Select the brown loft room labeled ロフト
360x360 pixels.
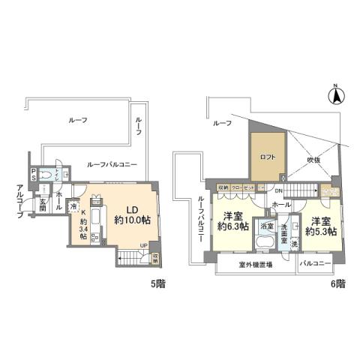tap(267, 157)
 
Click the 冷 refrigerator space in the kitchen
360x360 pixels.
tap(73, 206)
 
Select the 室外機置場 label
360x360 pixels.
tap(254, 265)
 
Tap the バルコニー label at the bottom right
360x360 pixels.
tap(316, 265)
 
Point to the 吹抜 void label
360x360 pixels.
tap(311, 159)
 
